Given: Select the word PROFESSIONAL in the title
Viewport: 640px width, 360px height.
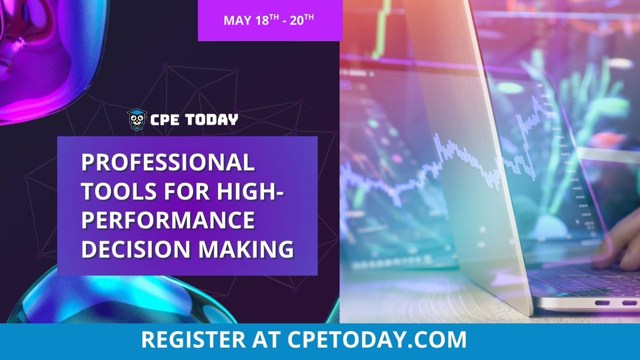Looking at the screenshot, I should [168, 163].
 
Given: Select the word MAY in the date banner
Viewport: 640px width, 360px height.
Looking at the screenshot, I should [235, 21].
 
